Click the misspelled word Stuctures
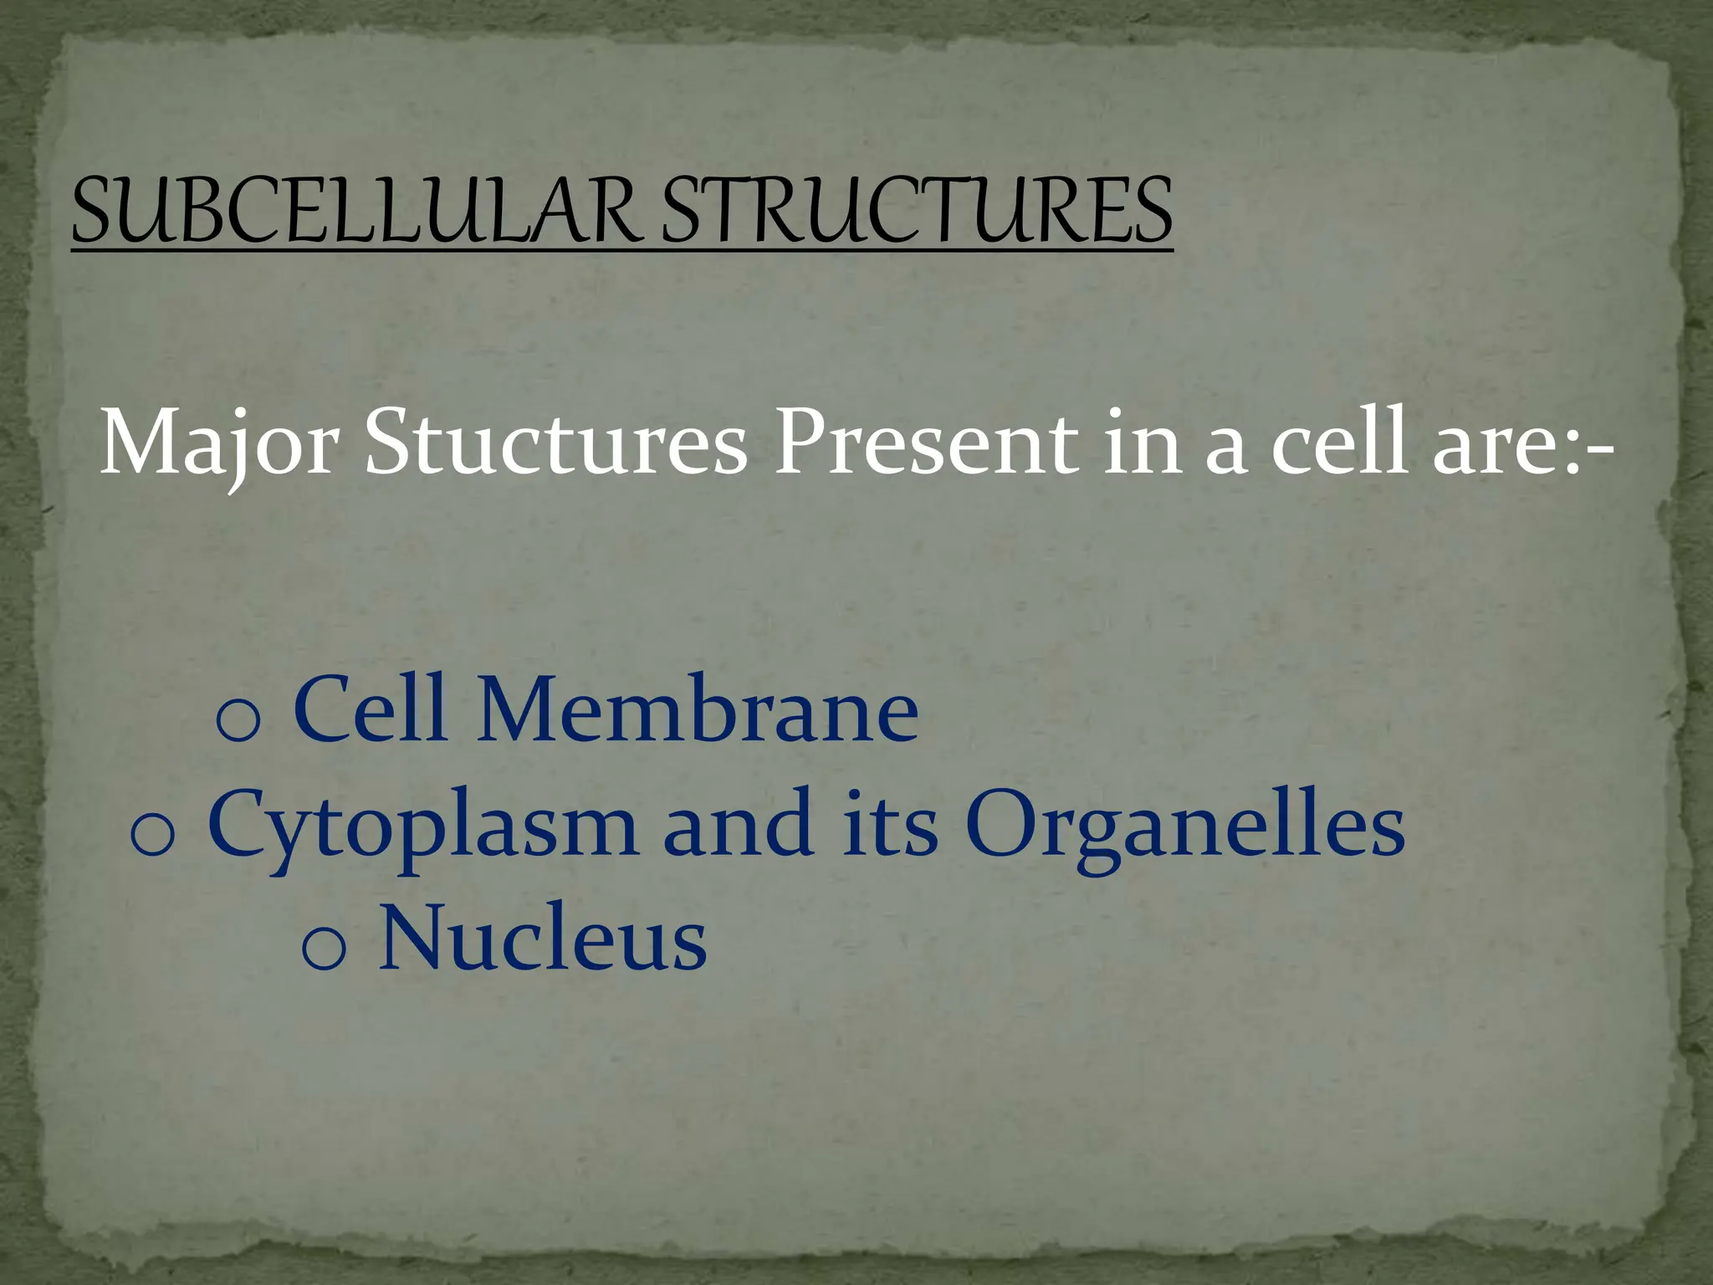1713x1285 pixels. pyautogui.click(x=555, y=445)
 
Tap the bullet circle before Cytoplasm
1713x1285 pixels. pyautogui.click(x=152, y=834)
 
